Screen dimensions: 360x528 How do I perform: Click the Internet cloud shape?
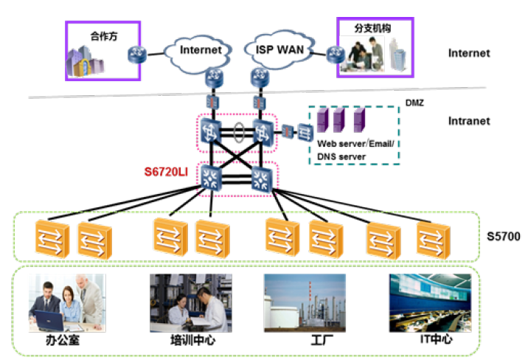pyautogui.click(x=201, y=51)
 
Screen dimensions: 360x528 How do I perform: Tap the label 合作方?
pyautogui.click(x=104, y=35)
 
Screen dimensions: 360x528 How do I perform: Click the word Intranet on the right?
pyautogui.click(x=468, y=121)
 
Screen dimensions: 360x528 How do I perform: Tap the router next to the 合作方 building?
pyautogui.click(x=136, y=55)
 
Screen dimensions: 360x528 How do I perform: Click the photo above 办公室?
pyautogui.click(x=67, y=302)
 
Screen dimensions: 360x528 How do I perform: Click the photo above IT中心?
pyautogui.click(x=430, y=302)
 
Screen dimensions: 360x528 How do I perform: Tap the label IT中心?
pyautogui.click(x=430, y=341)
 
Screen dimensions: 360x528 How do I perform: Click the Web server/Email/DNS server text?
pyautogui.click(x=355, y=150)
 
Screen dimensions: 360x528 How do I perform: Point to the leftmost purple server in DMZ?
pyautogui.click(x=322, y=118)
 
